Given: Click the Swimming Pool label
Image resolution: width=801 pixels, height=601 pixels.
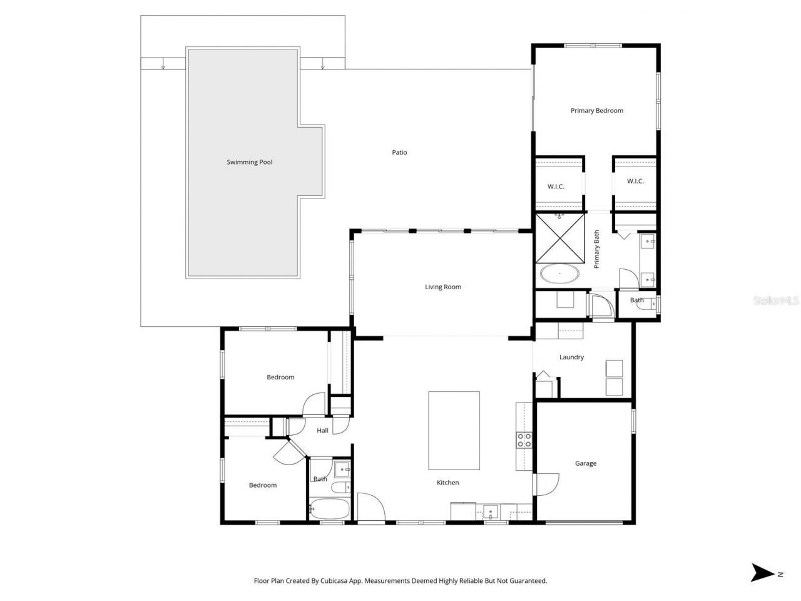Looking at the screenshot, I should pos(249,162).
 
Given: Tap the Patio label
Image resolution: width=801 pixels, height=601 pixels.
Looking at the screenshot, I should pos(399,152).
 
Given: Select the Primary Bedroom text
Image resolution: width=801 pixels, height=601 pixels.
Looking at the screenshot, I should pos(596,111).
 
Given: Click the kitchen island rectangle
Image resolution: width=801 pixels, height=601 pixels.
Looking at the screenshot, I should pos(454,430).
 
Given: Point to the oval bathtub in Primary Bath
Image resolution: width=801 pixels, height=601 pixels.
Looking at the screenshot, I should pos(559,274).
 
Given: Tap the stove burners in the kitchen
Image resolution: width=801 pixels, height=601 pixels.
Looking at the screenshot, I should pos(524,440).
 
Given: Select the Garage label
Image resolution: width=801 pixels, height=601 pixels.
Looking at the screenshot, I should pos(585,463).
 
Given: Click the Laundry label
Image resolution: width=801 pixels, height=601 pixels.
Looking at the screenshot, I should pos(571,357).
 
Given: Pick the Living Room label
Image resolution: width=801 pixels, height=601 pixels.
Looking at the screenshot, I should pos(443,287).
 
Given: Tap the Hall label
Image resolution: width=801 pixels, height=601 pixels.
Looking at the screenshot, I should pos(322,431).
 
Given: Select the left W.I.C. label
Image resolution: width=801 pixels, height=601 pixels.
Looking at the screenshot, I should pos(556,187).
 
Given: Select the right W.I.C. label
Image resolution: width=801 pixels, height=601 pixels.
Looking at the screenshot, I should pos(635,182).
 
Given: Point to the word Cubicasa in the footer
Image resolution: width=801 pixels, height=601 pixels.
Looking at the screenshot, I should pos(341,581).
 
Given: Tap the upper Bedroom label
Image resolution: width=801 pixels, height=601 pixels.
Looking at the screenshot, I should pos(280,377).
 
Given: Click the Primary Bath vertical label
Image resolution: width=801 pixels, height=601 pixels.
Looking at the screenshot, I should pos(596,249).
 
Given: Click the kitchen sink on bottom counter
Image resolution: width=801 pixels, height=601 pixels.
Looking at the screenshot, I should pos(492,512).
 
